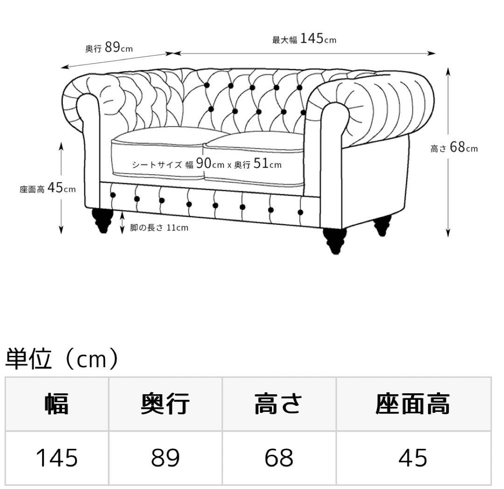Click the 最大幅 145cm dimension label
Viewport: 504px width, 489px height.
pyautogui.click(x=304, y=39)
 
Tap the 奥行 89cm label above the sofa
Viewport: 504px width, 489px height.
pyautogui.click(x=109, y=47)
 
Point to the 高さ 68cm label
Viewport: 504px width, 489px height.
pyautogui.click(x=454, y=148)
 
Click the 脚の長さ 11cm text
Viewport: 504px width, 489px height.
pyautogui.click(x=159, y=228)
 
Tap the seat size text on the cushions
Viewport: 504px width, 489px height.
pyautogui.click(x=207, y=164)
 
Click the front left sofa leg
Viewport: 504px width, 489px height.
pyautogui.click(x=103, y=220)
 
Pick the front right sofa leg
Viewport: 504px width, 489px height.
pyautogui.click(x=335, y=240)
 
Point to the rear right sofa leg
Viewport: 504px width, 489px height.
pyautogui.click(x=382, y=225)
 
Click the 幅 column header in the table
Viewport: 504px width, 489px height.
pyautogui.click(x=57, y=404)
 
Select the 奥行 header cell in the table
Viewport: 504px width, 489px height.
pyautogui.click(x=165, y=404)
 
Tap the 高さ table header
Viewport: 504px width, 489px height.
pyautogui.click(x=279, y=404)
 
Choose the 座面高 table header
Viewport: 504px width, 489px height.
pyautogui.click(x=413, y=404)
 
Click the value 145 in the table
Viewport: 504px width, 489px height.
pyautogui.click(x=57, y=458)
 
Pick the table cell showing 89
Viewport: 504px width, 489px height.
pyautogui.click(x=165, y=458)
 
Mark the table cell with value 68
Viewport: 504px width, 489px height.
pyautogui.click(x=279, y=458)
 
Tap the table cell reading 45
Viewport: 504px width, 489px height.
pyautogui.click(x=413, y=458)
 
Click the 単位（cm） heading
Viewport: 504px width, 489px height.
pyautogui.click(x=61, y=360)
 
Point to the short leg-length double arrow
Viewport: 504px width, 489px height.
pyautogui.click(x=122, y=222)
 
